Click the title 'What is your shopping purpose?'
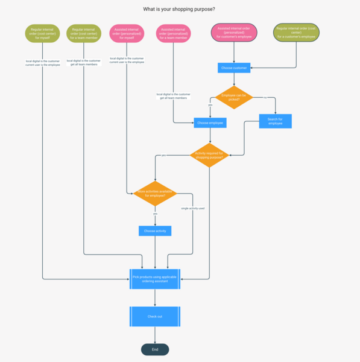(179, 9)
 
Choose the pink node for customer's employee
(234, 33)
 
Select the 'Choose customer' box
(234, 68)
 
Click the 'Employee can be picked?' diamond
(234, 97)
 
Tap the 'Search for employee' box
(276, 121)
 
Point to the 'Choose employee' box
(210, 122)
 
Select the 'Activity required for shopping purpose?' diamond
(209, 156)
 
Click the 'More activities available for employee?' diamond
(155, 194)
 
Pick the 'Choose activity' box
(155, 230)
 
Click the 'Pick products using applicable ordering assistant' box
(155, 279)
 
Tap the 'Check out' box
(155, 316)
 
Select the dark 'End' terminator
(155, 349)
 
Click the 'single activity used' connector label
(193, 208)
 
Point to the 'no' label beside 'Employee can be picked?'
(265, 97)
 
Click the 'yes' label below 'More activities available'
(155, 214)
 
